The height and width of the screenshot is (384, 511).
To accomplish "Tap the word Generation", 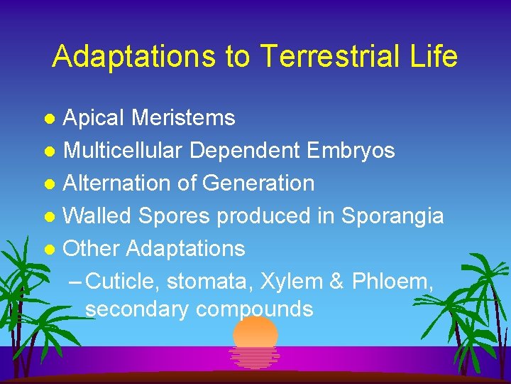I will (x=258, y=183).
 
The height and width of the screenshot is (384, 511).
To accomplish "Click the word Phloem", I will (x=390, y=282).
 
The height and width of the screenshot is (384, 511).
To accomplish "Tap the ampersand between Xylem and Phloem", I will (x=336, y=282).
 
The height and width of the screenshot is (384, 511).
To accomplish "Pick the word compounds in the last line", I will (x=254, y=309).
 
